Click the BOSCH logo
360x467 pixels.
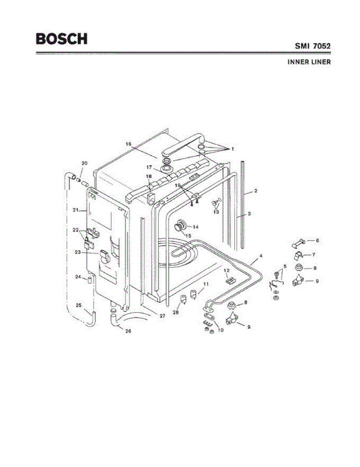click(61, 39)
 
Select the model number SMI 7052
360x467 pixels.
click(312, 46)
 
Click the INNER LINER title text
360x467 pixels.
click(309, 62)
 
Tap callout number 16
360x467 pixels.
click(128, 144)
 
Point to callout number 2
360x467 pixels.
click(255, 191)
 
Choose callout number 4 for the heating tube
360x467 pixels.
click(261, 256)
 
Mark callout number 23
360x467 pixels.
click(77, 252)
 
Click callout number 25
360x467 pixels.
click(79, 305)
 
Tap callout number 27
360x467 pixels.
click(162, 316)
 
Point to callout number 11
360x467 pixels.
click(206, 284)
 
